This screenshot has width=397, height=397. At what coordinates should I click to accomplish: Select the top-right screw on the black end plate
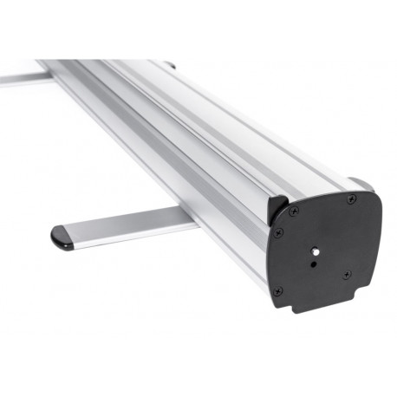pos(352,201)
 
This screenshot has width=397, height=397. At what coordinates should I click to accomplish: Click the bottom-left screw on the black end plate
pos(277,290)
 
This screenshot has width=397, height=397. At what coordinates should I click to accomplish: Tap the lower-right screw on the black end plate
pos(347,276)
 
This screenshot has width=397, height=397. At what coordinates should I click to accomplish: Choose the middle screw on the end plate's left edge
pos(277,233)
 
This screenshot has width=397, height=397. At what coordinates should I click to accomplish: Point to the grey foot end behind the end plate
pos(362,185)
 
